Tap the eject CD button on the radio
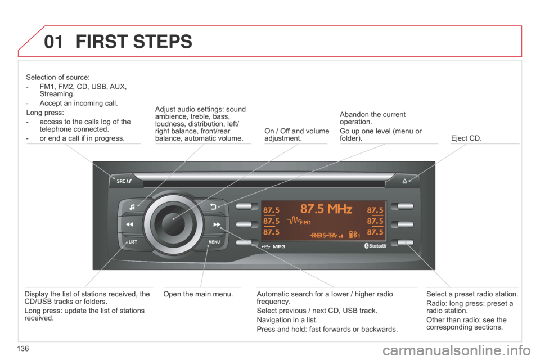point(404,181)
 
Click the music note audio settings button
point(132,207)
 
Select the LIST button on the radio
point(132,242)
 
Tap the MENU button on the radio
point(214,242)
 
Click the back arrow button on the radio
point(213,206)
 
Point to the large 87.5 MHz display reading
point(326,209)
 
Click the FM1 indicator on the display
point(305,223)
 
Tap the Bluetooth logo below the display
point(375,246)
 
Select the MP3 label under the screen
point(279,247)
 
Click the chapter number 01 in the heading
point(54,42)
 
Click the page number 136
point(22,349)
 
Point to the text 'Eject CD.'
point(466,138)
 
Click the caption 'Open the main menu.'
point(198,294)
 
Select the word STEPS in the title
point(163,42)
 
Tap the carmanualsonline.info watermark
point(457,351)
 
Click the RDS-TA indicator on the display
point(324,235)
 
